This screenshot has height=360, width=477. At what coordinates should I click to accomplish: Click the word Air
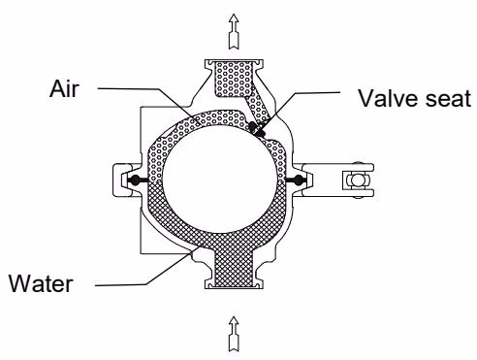64,88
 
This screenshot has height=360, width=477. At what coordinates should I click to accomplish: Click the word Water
41,283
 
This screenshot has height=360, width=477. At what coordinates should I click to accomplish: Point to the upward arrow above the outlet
234,32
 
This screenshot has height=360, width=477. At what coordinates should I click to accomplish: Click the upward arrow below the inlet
234,334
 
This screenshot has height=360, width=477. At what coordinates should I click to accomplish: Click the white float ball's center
220,179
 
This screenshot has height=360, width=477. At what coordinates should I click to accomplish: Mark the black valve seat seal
256,128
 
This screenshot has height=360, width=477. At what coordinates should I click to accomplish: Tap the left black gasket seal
137,180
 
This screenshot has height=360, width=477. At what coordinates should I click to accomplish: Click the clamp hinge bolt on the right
357,180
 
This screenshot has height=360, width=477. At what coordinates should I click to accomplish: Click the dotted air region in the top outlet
234,79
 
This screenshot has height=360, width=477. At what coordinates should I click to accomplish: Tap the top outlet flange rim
234,61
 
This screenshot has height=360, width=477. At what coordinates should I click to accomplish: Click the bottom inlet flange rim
234,284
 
